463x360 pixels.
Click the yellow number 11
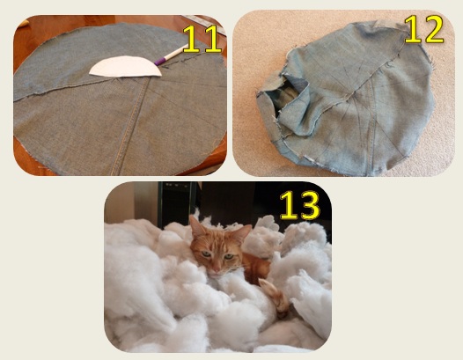point(201,39)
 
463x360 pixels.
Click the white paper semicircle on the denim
point(127,68)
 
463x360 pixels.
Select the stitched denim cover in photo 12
point(352,101)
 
